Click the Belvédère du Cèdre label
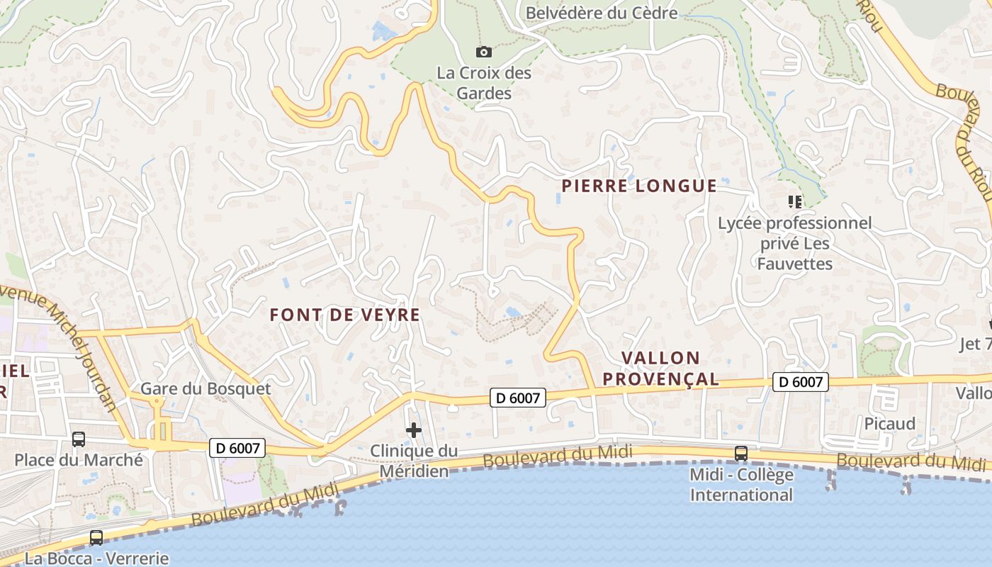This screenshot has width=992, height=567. click(x=601, y=13)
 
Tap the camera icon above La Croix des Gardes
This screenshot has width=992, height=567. click(x=484, y=52)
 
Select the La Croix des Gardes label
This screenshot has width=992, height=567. click(x=484, y=82)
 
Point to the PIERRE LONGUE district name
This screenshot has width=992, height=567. click(x=639, y=186)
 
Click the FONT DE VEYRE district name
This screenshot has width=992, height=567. click(x=345, y=315)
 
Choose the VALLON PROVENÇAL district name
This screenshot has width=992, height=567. click(x=660, y=369)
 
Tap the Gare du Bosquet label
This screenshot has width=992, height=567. click(x=205, y=388)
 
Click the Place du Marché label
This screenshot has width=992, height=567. click(x=79, y=460)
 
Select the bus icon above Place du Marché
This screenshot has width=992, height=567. click(x=79, y=439)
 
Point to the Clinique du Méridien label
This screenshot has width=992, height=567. click(x=414, y=461)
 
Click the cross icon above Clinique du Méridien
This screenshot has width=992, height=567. click(x=414, y=430)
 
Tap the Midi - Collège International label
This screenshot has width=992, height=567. click(x=741, y=484)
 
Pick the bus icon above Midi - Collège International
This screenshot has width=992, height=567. click(x=741, y=453)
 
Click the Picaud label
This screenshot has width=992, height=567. click(x=889, y=424)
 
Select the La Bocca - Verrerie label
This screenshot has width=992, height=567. click(x=96, y=558)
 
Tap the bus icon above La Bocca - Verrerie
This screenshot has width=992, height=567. click(x=96, y=538)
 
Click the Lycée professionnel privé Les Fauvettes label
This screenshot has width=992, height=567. click(x=794, y=243)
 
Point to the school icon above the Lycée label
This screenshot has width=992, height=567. click(x=794, y=203)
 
